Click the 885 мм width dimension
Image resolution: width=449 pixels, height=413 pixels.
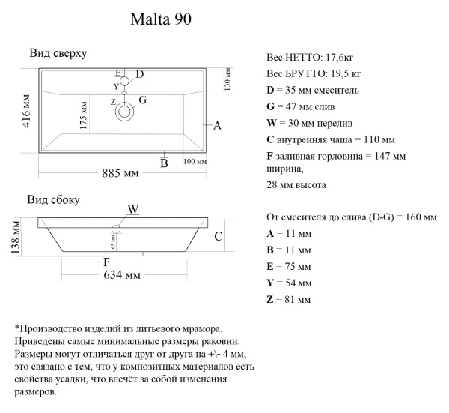tap(120, 174)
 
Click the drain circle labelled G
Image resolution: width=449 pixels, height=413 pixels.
tap(124, 112)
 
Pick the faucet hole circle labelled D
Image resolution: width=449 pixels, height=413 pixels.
tap(125, 79)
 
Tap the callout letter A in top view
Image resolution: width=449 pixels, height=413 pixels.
tap(217, 126)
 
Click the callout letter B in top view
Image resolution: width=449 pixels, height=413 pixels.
tap(164, 163)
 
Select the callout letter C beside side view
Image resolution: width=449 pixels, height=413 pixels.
tap(218, 237)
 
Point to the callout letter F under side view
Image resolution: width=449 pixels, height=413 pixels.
tap(106, 262)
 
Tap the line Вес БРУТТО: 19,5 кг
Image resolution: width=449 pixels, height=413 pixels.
tap(314, 74)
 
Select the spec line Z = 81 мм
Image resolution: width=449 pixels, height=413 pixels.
tap(288, 300)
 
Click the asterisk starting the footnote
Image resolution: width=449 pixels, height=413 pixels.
tap(16, 328)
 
